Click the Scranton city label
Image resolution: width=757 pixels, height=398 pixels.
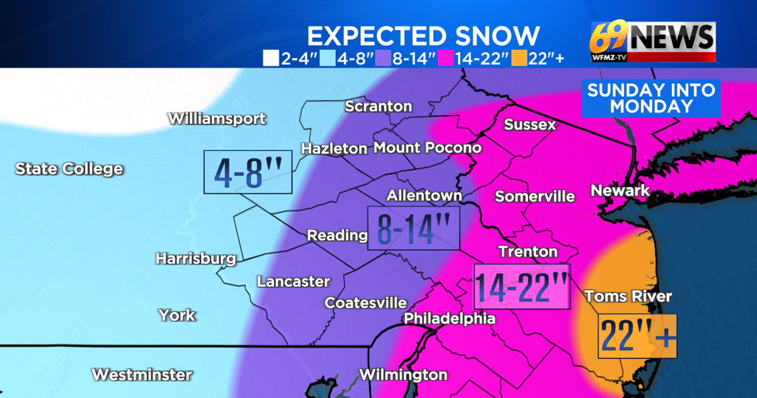[x=378, y=106]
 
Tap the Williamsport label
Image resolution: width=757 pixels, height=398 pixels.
[x=216, y=118]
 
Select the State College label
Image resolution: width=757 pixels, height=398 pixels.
[x=69, y=169]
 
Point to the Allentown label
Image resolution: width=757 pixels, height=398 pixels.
[x=424, y=195]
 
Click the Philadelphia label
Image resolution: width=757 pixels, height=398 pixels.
[x=449, y=318]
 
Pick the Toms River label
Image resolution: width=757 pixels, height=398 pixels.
[x=628, y=296]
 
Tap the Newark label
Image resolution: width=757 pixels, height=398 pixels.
[x=619, y=190]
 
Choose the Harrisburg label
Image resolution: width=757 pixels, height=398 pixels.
[x=196, y=258]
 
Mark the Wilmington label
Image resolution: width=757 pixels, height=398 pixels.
[x=403, y=374]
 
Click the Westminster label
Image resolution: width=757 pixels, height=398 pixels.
[x=141, y=374]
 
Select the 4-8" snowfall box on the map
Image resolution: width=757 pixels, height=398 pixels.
[x=248, y=172]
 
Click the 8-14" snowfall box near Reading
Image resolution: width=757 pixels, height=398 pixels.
[x=414, y=228]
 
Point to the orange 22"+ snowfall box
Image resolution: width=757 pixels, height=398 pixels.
[x=637, y=336]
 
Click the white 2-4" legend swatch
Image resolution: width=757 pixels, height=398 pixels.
[x=270, y=59]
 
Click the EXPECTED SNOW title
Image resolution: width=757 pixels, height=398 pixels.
[x=423, y=36]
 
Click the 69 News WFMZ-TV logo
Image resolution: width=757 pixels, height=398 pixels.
[x=652, y=42]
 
